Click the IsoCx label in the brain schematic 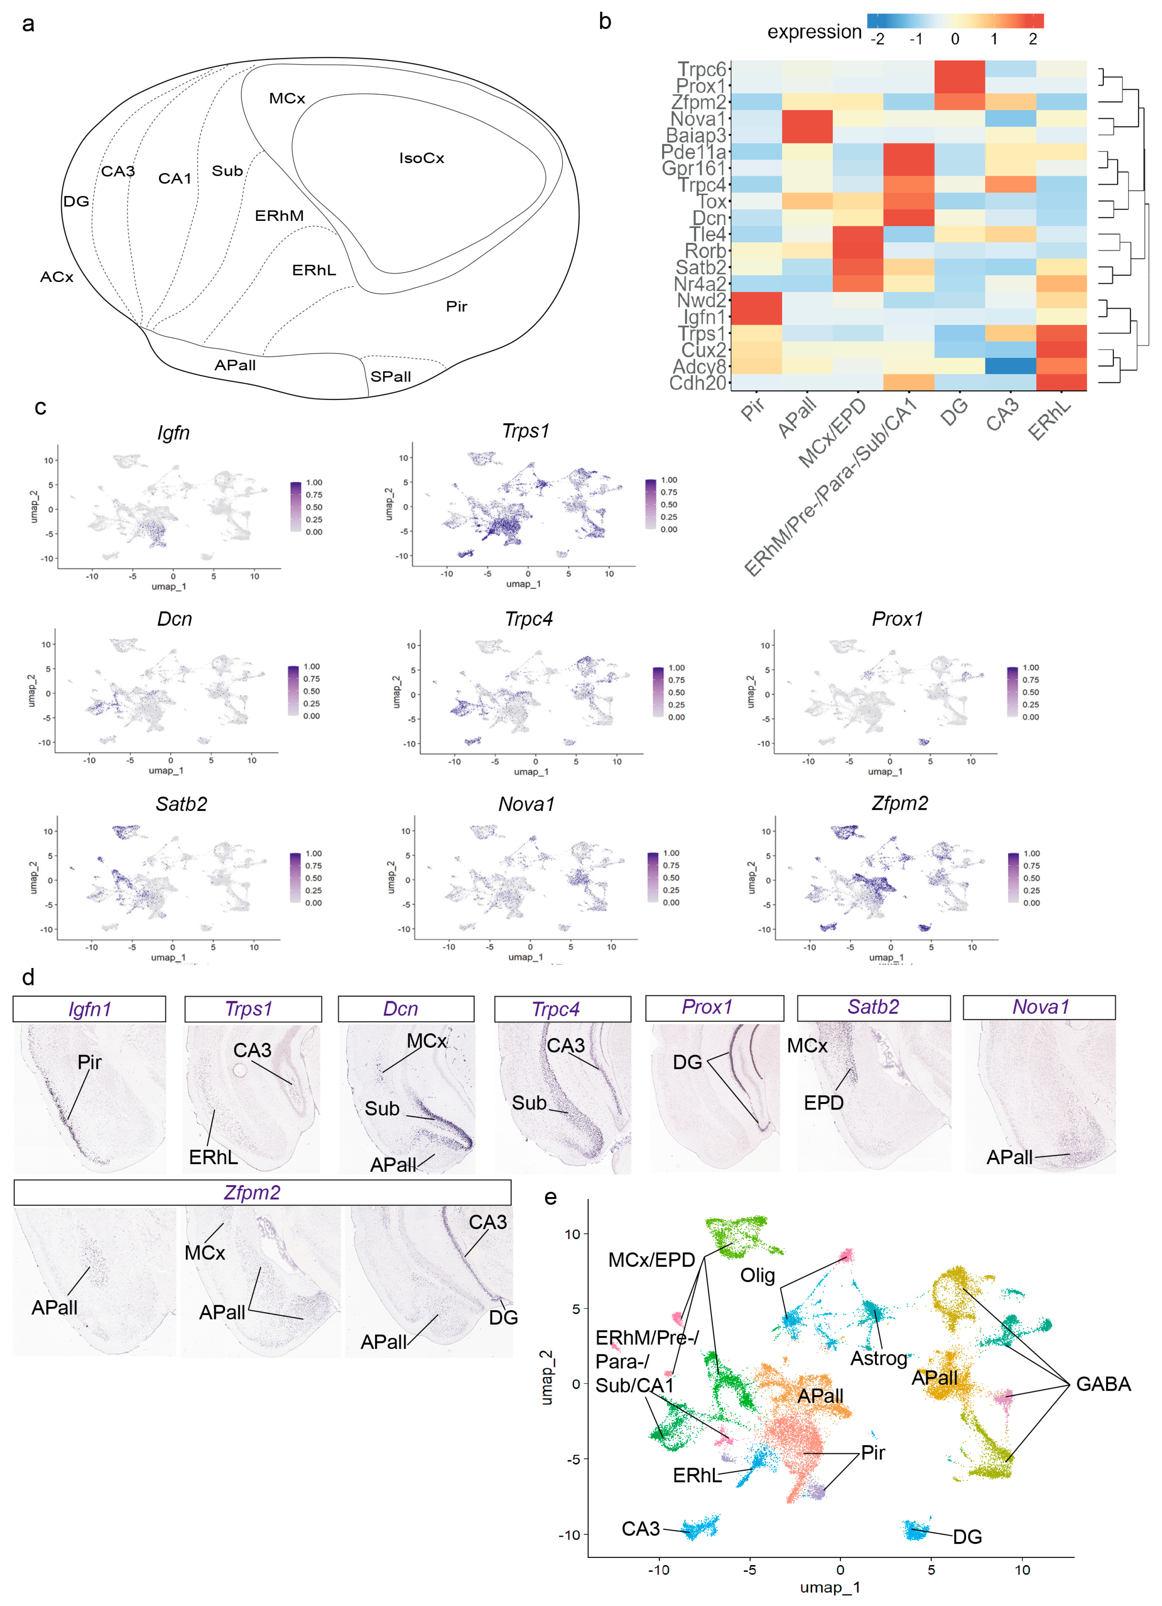pyautogui.click(x=421, y=158)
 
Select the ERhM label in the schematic pyautogui.click(x=279, y=215)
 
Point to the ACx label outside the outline pyautogui.click(x=57, y=277)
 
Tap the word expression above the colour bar pyautogui.click(x=814, y=32)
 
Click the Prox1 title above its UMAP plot pyautogui.click(x=897, y=619)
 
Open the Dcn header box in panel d pyautogui.click(x=406, y=1008)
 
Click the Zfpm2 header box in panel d pyautogui.click(x=262, y=1193)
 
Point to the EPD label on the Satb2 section pyautogui.click(x=823, y=1102)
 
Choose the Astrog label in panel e pyautogui.click(x=878, y=1358)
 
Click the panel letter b pyautogui.click(x=605, y=22)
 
